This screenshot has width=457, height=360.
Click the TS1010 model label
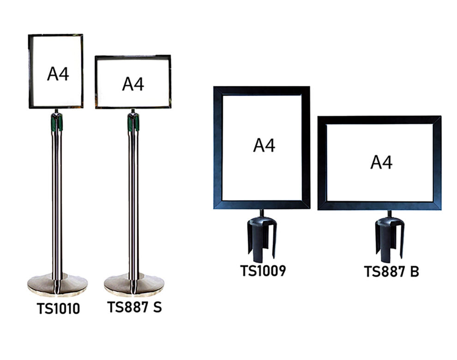(x=58, y=308)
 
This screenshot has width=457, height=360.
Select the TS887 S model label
(x=134, y=307)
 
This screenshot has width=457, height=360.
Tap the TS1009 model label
(x=263, y=270)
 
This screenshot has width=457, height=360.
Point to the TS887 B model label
(x=391, y=271)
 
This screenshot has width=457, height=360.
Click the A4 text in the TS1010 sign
(x=58, y=74)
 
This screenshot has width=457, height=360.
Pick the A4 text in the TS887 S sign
(x=133, y=84)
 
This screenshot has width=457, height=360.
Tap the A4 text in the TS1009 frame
(x=264, y=145)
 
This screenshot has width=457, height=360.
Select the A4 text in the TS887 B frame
(x=381, y=162)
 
